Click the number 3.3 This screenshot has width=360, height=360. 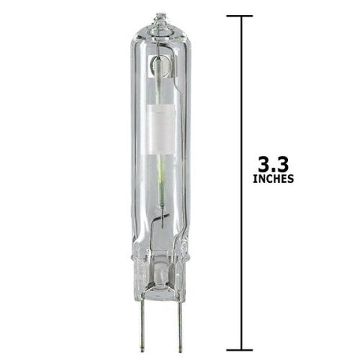pos(274,164)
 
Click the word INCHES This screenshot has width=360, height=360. pos(273,179)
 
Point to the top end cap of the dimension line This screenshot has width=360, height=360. pos(239,16)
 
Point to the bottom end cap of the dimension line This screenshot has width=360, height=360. pos(239,350)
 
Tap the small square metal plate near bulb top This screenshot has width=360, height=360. pos(161,66)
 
